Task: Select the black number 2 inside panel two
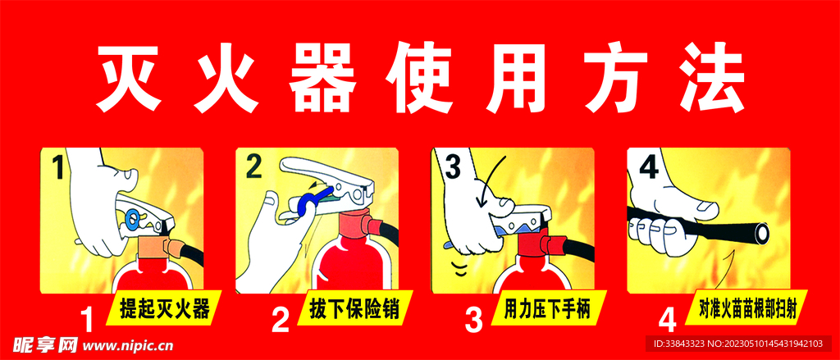tap(253, 166)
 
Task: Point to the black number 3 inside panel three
tap(453, 166)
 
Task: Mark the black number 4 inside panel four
tap(648, 166)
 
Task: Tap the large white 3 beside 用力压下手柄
tap(473, 321)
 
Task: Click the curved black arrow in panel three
tap(491, 180)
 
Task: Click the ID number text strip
tap(741, 344)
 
